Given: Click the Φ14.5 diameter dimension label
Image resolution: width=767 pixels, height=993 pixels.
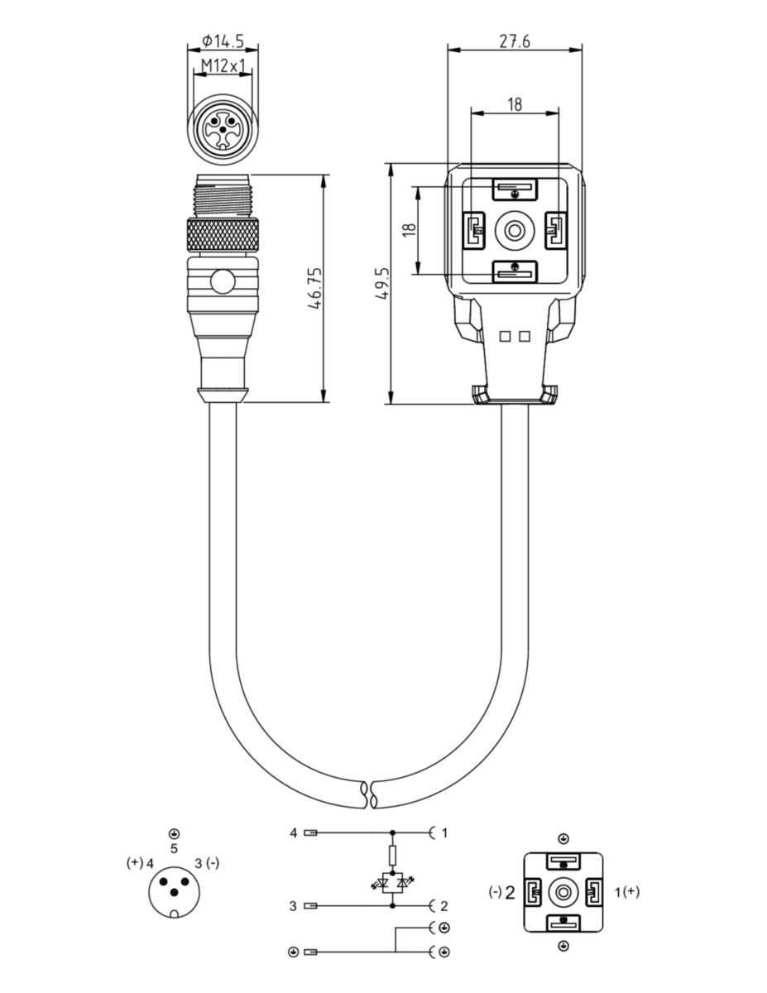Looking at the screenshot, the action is click(x=223, y=41).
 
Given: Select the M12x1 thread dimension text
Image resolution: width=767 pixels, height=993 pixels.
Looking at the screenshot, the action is click(x=223, y=66).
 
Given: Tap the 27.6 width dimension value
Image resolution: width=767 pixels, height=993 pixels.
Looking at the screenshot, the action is click(x=515, y=41).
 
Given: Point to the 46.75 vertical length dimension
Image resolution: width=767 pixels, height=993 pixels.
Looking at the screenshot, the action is click(x=315, y=288).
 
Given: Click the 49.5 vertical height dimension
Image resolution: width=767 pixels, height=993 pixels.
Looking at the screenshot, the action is click(x=382, y=284).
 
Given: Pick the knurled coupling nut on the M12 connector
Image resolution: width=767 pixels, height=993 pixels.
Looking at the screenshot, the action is click(x=223, y=235).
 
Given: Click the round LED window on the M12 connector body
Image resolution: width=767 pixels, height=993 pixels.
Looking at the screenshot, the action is click(x=223, y=281).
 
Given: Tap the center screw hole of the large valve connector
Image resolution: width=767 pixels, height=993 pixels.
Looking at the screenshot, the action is click(x=515, y=230).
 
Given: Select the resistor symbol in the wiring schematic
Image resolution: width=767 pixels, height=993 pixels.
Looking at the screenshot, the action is click(x=392, y=856).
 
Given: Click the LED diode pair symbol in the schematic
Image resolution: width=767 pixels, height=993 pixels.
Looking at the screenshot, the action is click(x=392, y=884).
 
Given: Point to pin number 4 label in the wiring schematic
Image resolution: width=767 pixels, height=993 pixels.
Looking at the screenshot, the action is click(x=294, y=833).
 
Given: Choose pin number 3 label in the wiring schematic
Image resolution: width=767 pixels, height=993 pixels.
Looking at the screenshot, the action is click(x=293, y=906).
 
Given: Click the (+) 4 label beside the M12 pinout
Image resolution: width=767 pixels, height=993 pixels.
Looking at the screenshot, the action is click(x=140, y=863).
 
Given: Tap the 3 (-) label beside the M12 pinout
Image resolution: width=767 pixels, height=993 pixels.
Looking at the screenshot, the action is click(x=207, y=863).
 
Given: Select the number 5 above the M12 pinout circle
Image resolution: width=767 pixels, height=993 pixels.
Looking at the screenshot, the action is click(x=174, y=848).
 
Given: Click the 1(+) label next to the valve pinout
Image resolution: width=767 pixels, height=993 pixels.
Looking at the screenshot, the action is click(x=627, y=891).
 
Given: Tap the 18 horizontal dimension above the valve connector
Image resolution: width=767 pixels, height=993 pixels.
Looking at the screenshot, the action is click(x=515, y=104).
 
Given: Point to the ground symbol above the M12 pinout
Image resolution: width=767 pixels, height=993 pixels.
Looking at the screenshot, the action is click(x=174, y=833).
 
